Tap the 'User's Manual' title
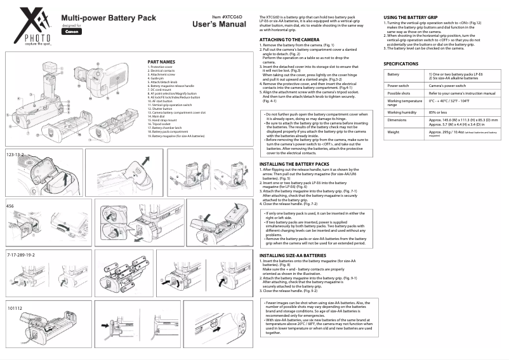(219, 25)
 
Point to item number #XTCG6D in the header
(227, 17)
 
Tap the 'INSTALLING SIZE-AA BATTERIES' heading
(293, 255)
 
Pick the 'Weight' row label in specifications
(393, 132)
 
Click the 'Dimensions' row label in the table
(397, 120)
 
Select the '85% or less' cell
(438, 112)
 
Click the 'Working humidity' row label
(402, 112)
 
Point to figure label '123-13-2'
(15, 155)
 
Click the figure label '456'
(10, 206)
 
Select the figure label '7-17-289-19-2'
(21, 254)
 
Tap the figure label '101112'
(15, 308)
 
